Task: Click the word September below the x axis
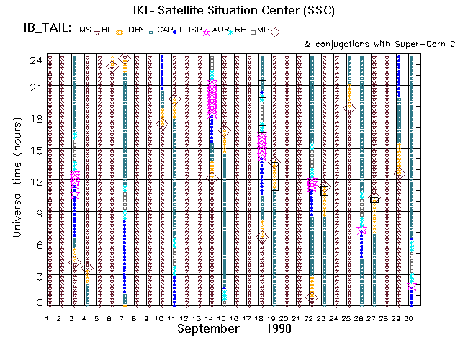[208, 329]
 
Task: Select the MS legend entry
[86, 30]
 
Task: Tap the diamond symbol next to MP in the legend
[275, 31]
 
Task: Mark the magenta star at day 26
[361, 229]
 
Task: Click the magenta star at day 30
[412, 287]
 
